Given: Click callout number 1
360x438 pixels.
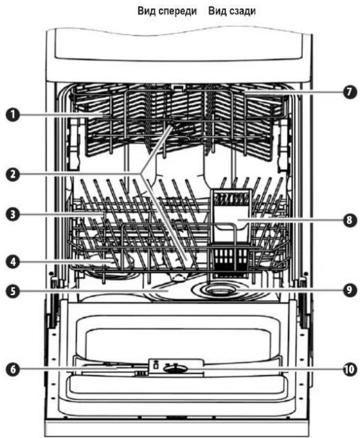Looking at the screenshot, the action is (x=13, y=115).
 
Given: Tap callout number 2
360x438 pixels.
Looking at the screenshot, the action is (x=13, y=175).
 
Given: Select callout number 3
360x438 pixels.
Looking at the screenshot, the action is (x=13, y=215).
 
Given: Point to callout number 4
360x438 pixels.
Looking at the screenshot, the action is (x=13, y=262).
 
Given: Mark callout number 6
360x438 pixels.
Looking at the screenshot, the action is (x=13, y=369).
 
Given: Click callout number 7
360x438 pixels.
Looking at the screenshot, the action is (x=349, y=92).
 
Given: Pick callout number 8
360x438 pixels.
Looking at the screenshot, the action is (x=349, y=220).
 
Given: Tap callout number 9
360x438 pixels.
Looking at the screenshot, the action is (x=349, y=290).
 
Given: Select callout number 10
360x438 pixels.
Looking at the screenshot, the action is (x=349, y=369).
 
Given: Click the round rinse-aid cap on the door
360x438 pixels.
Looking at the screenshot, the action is (x=176, y=369).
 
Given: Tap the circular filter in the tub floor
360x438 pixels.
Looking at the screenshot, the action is (x=221, y=291).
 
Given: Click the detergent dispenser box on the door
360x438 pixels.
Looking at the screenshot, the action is (x=176, y=367).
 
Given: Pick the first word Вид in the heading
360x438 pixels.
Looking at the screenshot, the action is (x=147, y=11).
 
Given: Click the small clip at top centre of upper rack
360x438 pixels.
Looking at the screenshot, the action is (x=178, y=88).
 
